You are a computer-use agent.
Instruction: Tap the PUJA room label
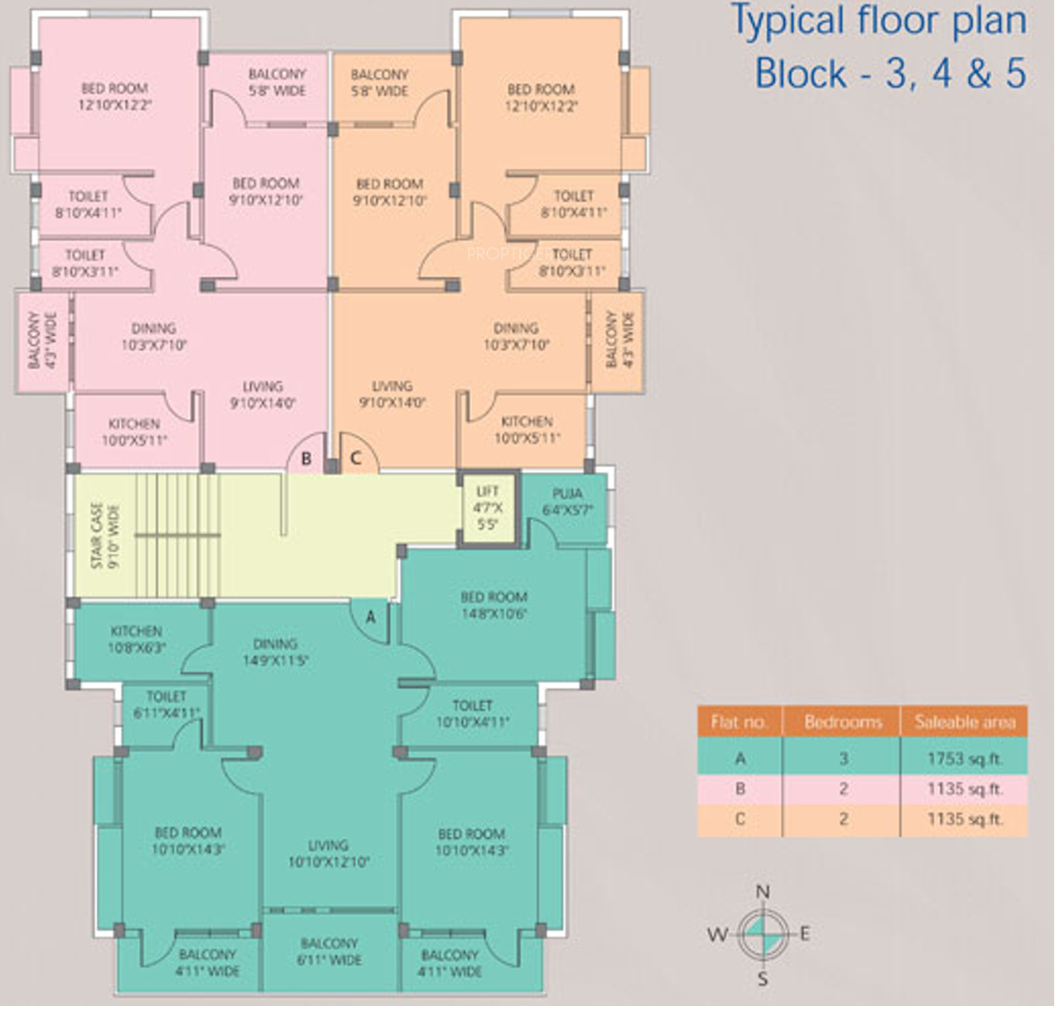[x=567, y=502]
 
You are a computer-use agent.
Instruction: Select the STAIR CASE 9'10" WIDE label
[x=104, y=536]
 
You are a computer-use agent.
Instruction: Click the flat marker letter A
[x=371, y=617]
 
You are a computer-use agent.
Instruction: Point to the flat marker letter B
[x=306, y=458]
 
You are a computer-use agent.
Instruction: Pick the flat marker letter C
[x=356, y=458]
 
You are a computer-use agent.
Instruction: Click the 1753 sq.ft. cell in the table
[x=965, y=758]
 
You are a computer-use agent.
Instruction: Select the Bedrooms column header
[x=843, y=722]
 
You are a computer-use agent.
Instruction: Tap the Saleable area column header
[x=965, y=722]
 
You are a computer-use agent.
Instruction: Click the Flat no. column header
[x=739, y=722]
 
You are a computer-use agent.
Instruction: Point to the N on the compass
[x=763, y=892]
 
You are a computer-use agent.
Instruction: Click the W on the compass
[x=716, y=936]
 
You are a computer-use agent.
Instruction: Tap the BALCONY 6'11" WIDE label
[x=330, y=952]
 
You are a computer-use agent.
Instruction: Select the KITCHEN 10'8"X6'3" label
[x=137, y=639]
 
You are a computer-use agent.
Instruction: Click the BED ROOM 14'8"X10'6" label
[x=494, y=605]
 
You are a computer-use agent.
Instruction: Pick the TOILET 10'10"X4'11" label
[x=472, y=714]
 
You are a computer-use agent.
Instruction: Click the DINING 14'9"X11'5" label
[x=276, y=652]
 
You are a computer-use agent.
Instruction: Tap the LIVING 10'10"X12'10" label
[x=328, y=854]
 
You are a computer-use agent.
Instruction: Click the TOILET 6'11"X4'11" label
[x=166, y=705]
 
